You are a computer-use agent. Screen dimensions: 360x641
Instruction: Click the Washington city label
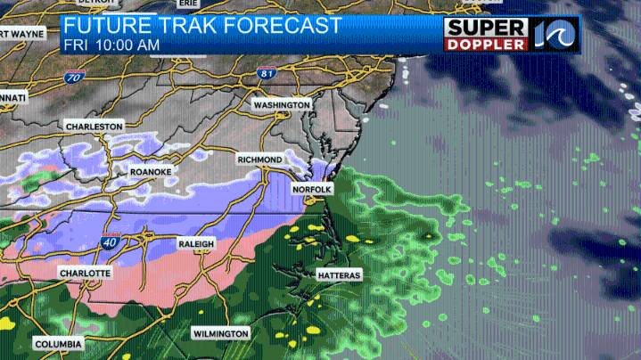click(x=281, y=105)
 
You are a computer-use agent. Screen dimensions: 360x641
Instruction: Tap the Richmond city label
click(x=259, y=160)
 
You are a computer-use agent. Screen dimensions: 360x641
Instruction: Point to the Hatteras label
click(x=339, y=275)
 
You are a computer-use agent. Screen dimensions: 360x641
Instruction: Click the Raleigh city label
click(x=196, y=243)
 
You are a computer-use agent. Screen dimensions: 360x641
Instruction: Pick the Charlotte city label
click(x=85, y=273)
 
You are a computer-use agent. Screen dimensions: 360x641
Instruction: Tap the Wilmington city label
click(x=220, y=333)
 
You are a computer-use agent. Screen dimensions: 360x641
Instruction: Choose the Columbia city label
click(x=58, y=344)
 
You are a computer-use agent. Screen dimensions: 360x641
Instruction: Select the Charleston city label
click(x=94, y=127)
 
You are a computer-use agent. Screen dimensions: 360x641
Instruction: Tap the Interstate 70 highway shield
click(x=72, y=78)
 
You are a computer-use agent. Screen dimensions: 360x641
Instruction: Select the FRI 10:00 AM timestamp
click(x=111, y=44)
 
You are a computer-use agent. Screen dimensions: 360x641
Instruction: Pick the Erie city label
click(x=188, y=4)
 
